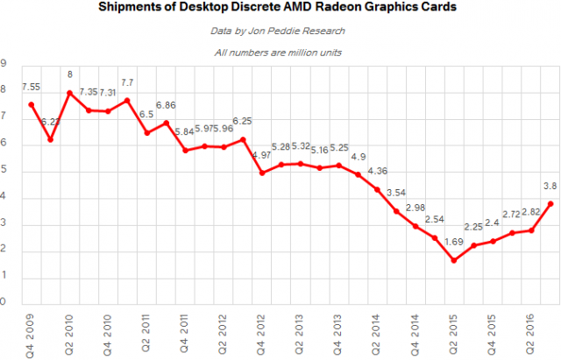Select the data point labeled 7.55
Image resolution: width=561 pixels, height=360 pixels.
[x=32, y=104]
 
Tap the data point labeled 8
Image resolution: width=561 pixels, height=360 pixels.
[x=69, y=92]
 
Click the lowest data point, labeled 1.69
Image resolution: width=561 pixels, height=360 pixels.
[x=453, y=260]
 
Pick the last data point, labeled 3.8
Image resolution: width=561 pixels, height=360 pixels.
[x=550, y=203]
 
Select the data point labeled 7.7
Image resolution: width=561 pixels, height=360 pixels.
[x=127, y=100]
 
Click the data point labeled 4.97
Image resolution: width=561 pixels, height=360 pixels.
[x=261, y=173]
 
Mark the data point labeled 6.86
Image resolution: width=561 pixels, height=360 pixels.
[x=166, y=123]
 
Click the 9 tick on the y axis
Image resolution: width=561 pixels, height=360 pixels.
[x=4, y=64]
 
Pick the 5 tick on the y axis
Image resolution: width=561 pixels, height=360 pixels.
[x=4, y=172]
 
